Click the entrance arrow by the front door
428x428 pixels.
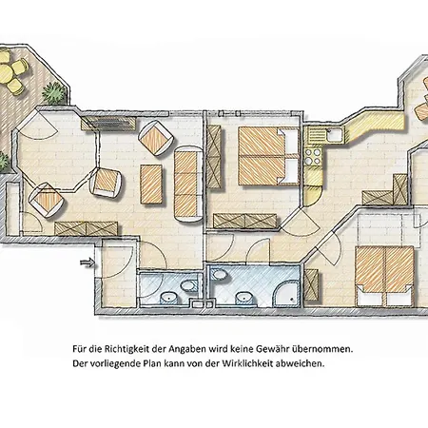88,263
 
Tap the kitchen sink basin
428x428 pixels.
335,135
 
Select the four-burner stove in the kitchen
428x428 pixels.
313,157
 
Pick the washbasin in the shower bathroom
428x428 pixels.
244,299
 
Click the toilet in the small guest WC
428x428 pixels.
189,285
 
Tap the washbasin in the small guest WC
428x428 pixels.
169,298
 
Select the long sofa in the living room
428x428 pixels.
188,184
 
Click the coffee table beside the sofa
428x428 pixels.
151,184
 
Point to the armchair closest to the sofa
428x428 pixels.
156,138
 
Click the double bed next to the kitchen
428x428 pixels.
269,156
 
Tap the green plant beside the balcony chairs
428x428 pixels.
54,92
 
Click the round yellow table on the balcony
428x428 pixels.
6,73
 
